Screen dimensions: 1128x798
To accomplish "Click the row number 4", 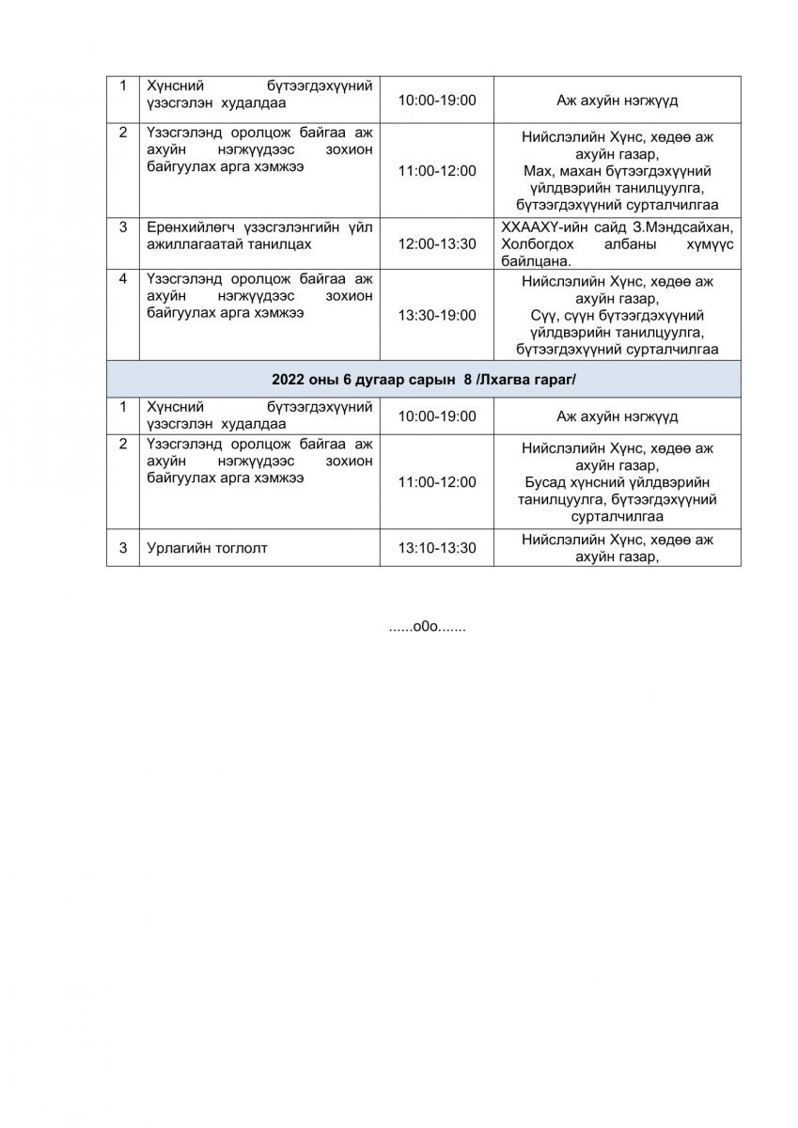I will (122, 279).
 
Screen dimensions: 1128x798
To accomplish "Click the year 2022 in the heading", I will (289, 379).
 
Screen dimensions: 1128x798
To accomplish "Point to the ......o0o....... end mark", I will (428, 626).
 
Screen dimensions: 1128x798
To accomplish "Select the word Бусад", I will (545, 482).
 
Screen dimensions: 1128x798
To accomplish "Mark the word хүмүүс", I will (706, 244).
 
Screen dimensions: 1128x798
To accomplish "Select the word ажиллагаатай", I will (191, 244).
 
